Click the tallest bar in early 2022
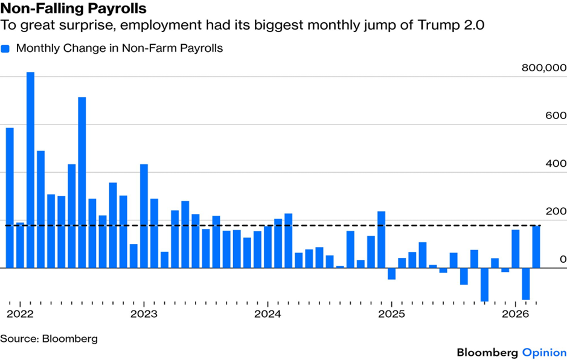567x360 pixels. click(30, 169)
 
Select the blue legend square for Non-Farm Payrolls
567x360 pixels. click(5, 49)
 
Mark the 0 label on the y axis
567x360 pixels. click(562, 259)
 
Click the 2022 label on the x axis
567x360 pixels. click(20, 313)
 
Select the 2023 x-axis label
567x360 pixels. click(144, 313)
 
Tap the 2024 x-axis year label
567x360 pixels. click(268, 313)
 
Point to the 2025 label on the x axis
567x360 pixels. click(392, 313)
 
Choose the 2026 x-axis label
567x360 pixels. click(516, 313)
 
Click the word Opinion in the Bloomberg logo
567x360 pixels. click(544, 352)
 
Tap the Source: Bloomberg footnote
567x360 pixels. click(49, 338)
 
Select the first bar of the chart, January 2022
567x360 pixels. click(10, 198)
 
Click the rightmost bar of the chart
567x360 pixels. click(536, 246)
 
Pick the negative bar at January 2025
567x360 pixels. click(392, 274)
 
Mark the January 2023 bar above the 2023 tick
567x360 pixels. click(144, 216)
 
